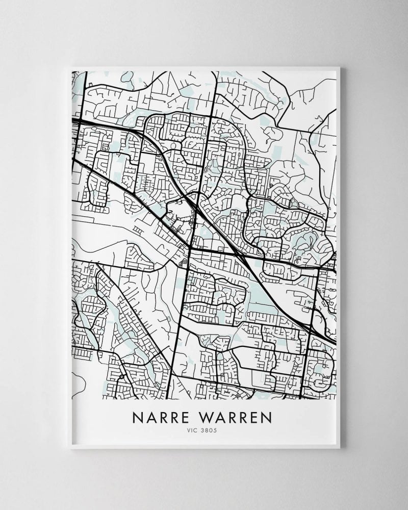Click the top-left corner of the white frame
point(70,66)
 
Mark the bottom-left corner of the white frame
point(70,448)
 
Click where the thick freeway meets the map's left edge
point(73,121)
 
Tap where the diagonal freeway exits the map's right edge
point(336,340)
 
